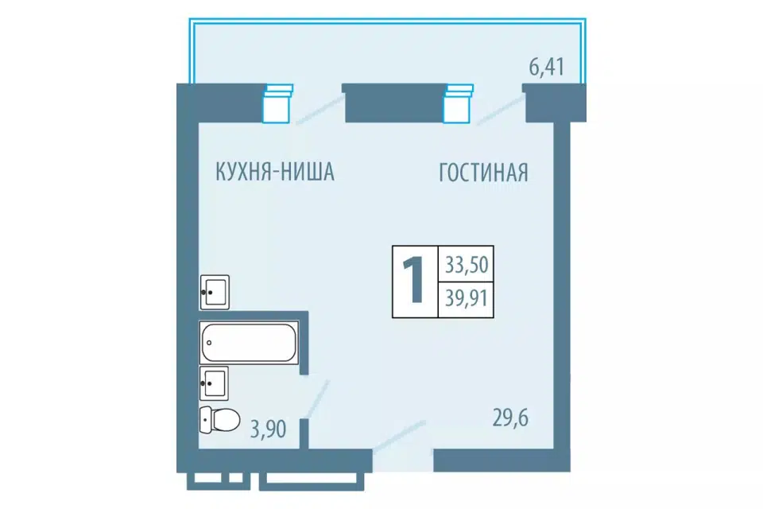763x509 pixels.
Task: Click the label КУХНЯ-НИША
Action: pos(274,172)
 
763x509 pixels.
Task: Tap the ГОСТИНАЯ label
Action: pos(483,173)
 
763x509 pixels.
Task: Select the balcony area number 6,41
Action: pos(547,68)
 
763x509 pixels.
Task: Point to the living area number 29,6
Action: pos(510,418)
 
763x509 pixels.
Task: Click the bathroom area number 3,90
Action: pos(268,429)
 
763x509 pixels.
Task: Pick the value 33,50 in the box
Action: pos(467,265)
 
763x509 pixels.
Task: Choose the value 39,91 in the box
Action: pos(467,297)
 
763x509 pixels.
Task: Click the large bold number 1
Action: pos(413,281)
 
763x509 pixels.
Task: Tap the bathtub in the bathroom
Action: pos(249,343)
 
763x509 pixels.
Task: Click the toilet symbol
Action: pos(219,419)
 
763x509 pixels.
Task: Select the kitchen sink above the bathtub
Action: pos(215,292)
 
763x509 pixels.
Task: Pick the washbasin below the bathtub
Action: pos(214,383)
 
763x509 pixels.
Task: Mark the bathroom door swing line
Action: pos(318,399)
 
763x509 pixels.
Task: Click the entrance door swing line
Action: pos(400,436)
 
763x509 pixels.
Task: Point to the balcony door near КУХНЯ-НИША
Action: pos(320,110)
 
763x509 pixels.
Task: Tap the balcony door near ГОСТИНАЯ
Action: pos(500,110)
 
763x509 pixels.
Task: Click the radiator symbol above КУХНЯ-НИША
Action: pos(277,103)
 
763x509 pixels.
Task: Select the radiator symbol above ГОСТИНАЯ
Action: pos(458,103)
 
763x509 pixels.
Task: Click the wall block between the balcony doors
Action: pos(393,103)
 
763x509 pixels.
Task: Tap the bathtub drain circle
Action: pos(209,343)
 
